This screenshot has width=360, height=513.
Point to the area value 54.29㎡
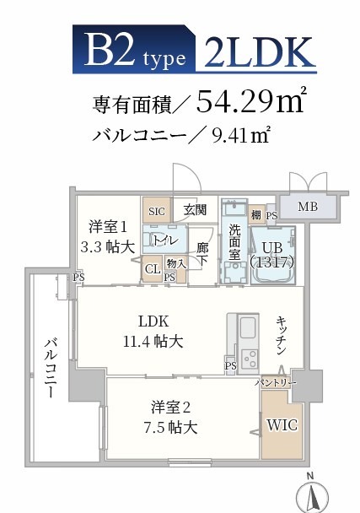(250, 102)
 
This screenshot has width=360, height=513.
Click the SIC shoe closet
(157, 210)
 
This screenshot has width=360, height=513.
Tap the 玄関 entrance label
(195, 209)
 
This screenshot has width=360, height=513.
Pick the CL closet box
(153, 269)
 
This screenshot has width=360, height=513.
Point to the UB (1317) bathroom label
(271, 253)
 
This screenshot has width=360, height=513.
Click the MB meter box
(307, 205)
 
